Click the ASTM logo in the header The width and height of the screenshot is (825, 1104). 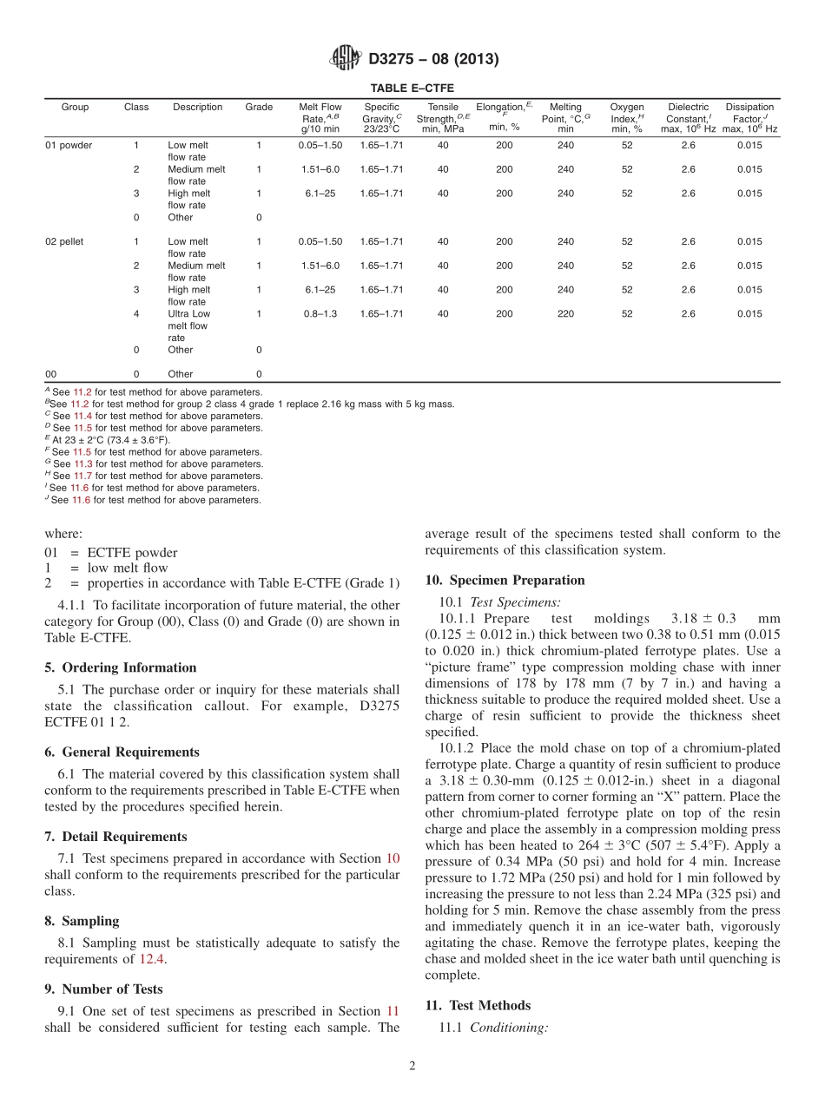pos(347,58)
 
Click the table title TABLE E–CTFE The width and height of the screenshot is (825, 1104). pos(412,88)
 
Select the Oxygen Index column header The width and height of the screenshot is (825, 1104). pos(627,118)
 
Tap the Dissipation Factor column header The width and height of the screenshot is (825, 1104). pos(749,118)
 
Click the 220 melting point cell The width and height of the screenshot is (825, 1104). pos(565,314)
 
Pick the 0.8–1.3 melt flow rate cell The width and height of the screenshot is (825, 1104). pos(320,314)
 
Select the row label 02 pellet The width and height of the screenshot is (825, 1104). pos(64,241)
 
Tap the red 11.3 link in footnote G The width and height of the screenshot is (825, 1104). pos(82,463)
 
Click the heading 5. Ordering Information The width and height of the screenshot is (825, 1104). pos(121,667)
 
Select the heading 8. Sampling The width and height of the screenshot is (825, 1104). pos(82,921)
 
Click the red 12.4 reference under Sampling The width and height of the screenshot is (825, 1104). pos(149,959)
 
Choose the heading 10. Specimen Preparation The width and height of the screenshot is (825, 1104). pos(505,580)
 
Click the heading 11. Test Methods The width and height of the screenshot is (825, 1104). pos(478,1005)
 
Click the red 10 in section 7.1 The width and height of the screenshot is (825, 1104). pos(393,858)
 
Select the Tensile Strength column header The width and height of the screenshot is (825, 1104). pos(443,118)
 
